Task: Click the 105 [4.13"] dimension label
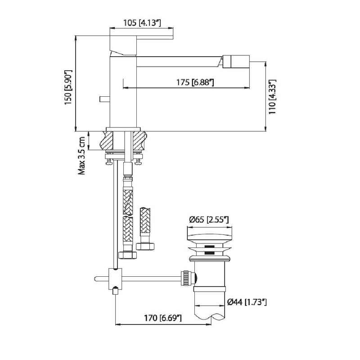click(142, 23)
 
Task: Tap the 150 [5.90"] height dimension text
click(68, 87)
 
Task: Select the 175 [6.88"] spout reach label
click(195, 82)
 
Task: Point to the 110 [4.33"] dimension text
click(272, 97)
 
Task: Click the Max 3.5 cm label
click(82, 156)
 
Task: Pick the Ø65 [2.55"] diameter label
click(209, 220)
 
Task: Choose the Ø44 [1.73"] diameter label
click(247, 302)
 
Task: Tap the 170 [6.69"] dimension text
click(163, 318)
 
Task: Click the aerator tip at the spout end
click(236, 62)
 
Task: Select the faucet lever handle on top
click(141, 45)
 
